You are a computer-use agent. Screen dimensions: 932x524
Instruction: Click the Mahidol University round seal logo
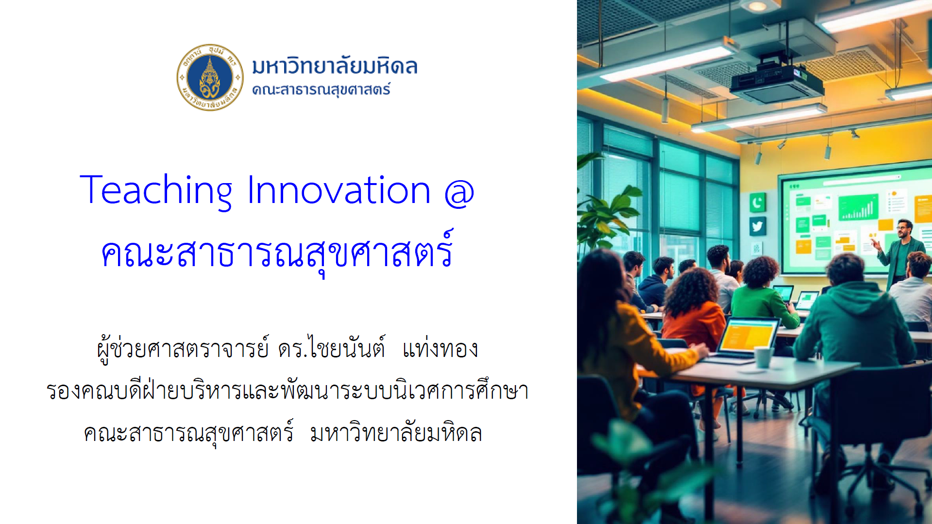(210, 77)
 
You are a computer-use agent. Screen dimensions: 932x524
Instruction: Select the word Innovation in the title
(339, 190)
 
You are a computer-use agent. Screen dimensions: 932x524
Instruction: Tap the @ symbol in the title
(459, 193)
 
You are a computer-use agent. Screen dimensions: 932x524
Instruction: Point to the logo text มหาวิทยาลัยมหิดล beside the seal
(335, 66)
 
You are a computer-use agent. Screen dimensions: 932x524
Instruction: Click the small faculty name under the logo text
(321, 90)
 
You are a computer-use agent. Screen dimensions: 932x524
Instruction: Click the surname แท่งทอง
(440, 349)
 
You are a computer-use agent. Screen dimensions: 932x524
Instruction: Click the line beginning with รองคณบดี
(288, 390)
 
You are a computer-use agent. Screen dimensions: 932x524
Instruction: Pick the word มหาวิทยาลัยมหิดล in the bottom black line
(396, 433)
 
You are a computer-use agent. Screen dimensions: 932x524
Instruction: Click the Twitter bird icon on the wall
(757, 227)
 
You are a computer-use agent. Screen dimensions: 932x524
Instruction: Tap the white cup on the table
(764, 357)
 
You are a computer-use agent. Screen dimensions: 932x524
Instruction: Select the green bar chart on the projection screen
(858, 207)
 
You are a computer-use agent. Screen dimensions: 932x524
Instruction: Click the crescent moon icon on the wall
(757, 203)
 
